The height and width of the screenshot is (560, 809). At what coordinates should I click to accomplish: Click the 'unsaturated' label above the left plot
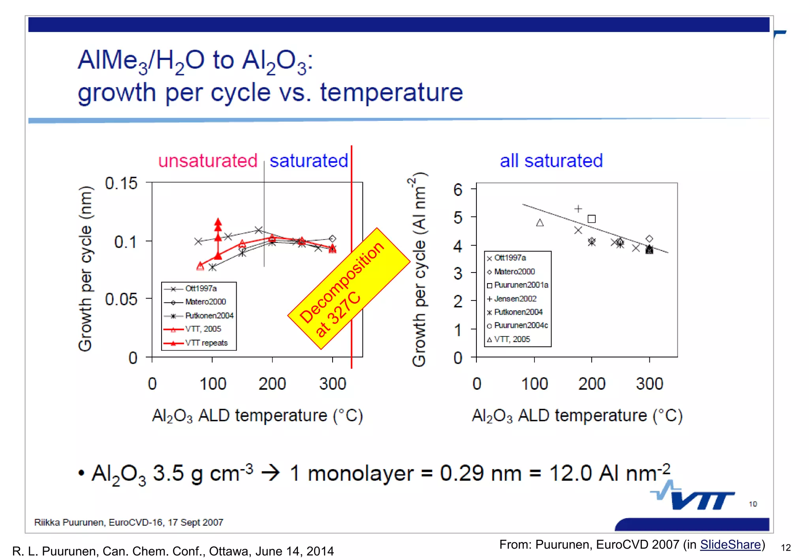click(x=208, y=161)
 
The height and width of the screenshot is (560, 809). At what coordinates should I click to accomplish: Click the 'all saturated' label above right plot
click(x=551, y=161)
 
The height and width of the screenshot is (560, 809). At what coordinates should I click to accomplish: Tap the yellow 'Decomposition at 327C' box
click(x=348, y=288)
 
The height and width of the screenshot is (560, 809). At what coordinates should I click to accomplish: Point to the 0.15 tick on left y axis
click(x=121, y=183)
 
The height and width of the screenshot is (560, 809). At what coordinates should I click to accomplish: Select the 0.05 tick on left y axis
click(x=121, y=299)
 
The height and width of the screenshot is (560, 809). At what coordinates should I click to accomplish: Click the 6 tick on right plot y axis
click(x=458, y=190)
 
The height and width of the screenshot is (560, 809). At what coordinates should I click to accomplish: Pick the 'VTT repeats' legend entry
click(x=206, y=343)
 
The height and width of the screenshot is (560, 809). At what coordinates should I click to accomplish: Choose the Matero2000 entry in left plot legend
click(x=205, y=302)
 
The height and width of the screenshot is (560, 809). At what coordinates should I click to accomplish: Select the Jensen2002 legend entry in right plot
click(x=515, y=299)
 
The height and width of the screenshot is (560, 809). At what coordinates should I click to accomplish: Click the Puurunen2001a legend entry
click(x=521, y=285)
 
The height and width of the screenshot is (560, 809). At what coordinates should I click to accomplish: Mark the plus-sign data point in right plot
click(x=578, y=209)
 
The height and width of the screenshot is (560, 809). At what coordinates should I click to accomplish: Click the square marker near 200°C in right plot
click(x=591, y=219)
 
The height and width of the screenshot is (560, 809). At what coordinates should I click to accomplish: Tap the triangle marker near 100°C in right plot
click(x=540, y=223)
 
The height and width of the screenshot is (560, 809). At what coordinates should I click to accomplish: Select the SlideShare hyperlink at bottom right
click(x=730, y=545)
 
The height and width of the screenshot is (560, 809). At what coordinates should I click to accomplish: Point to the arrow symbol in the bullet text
click(x=271, y=473)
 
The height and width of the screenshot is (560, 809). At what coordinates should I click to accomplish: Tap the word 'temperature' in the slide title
click(x=391, y=92)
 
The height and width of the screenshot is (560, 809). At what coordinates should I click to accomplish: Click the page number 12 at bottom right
click(x=786, y=548)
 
